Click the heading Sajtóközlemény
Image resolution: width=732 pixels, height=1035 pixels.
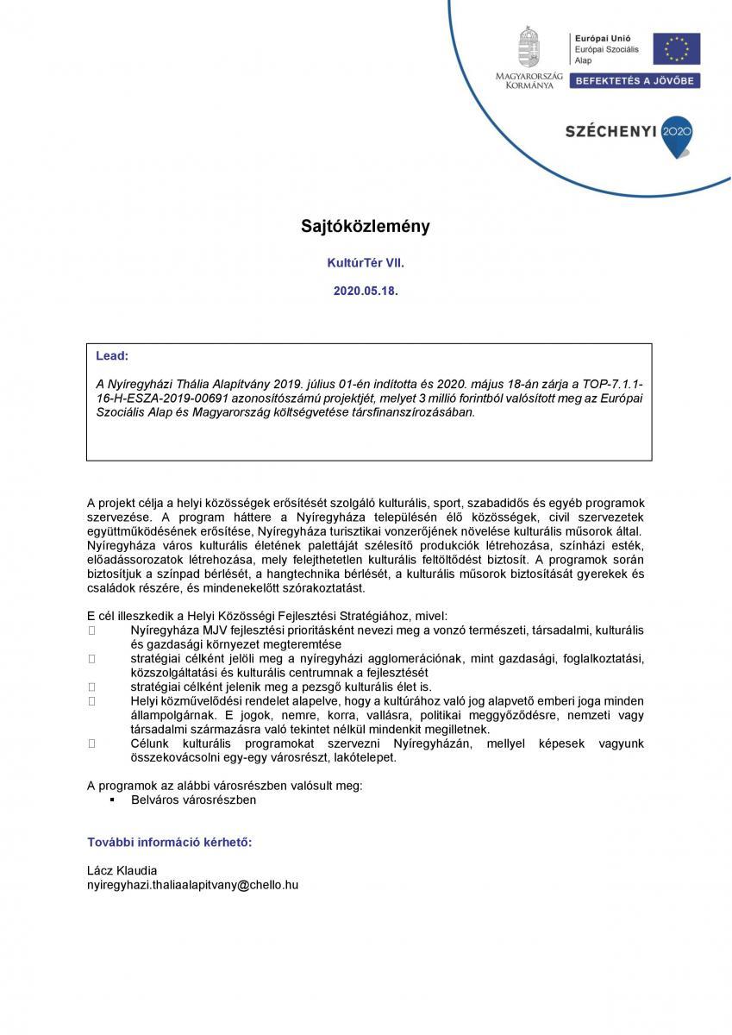(x=365, y=227)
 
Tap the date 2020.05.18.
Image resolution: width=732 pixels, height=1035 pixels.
(x=366, y=292)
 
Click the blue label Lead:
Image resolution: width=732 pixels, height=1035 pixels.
(x=112, y=354)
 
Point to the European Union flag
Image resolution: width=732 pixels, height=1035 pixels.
(x=676, y=49)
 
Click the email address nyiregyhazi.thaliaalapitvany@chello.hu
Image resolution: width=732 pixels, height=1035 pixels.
(x=193, y=885)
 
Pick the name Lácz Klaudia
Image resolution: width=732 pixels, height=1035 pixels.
(x=122, y=870)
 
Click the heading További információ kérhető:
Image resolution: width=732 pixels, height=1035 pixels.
(x=170, y=841)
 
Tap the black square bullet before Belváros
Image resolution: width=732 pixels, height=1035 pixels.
(x=111, y=800)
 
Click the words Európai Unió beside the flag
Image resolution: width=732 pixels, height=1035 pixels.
(x=597, y=38)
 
